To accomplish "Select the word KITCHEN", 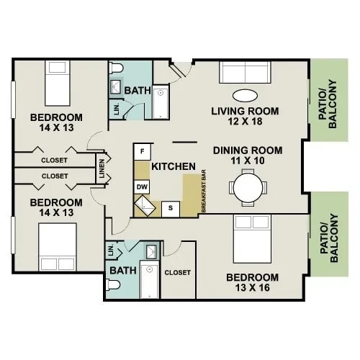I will click(174, 166).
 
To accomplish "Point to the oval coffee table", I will click(245, 94).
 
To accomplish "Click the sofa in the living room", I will click(245, 73).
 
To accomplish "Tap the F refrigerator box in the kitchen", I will click(143, 152).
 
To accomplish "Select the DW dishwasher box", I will click(143, 186).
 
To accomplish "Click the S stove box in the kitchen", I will click(171, 208).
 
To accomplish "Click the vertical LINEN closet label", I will click(103, 169).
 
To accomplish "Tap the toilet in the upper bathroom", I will click(117, 69).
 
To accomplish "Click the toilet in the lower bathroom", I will click(113, 285).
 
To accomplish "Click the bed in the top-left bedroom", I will click(57, 84).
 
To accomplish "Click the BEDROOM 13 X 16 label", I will click(252, 282).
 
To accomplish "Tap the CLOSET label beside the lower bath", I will click(178, 273).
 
